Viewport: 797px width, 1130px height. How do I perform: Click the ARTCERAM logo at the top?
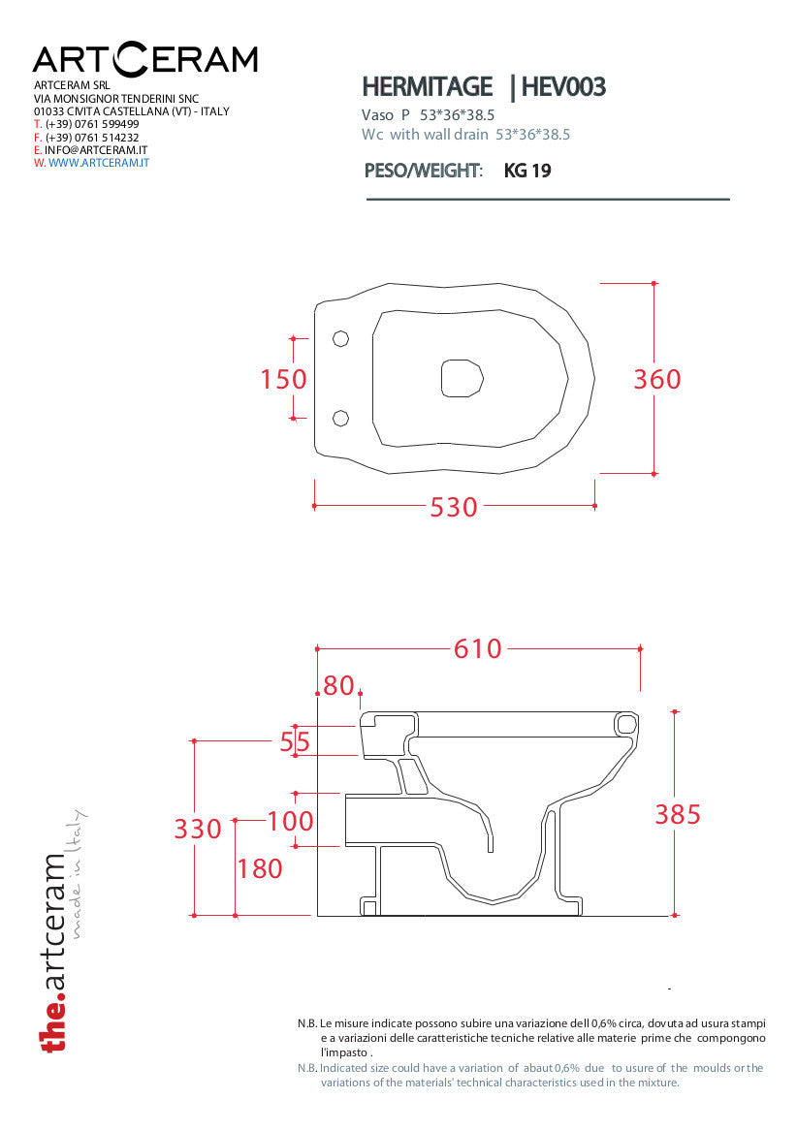click(x=145, y=60)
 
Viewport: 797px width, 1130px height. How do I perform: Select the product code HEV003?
click(x=563, y=87)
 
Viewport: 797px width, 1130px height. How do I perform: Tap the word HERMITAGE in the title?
click(x=427, y=87)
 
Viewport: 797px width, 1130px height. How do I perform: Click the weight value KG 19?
click(x=527, y=171)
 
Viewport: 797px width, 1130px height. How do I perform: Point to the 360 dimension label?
click(x=657, y=379)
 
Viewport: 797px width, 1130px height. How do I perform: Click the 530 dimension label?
click(x=454, y=508)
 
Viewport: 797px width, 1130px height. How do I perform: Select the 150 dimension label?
click(x=283, y=379)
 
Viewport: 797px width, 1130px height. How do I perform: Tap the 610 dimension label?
click(x=477, y=648)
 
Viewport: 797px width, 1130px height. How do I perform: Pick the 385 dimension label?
click(x=678, y=814)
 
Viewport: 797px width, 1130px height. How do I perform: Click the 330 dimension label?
click(x=198, y=829)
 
